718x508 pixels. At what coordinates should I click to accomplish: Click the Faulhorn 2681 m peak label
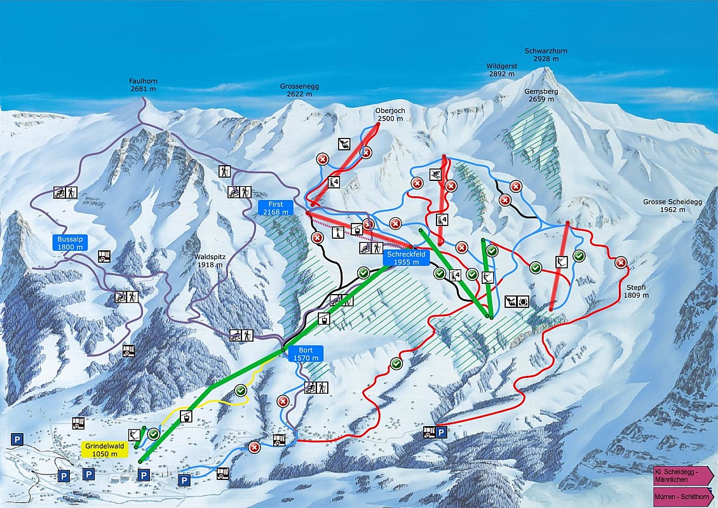pos(143,85)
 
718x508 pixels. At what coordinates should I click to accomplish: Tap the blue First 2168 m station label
pos(275,208)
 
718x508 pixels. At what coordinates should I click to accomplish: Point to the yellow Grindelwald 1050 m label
pos(105,450)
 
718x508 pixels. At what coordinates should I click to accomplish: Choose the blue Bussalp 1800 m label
pos(69,243)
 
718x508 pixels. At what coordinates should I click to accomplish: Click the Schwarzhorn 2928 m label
pos(546,55)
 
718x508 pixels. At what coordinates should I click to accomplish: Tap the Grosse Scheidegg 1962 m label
pos(663,206)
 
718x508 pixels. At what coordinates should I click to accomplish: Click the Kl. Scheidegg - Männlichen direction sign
pos(683,474)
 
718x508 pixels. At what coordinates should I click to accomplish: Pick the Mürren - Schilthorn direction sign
pos(683,496)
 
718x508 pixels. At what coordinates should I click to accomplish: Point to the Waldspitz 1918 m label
pos(211,261)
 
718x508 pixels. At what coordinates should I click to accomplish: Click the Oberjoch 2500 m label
pos(390,114)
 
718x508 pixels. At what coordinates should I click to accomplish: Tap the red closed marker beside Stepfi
pos(621,262)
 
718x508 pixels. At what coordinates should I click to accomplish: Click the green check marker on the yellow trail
pos(240,390)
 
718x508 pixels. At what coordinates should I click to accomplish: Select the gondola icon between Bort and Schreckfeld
pos(324,318)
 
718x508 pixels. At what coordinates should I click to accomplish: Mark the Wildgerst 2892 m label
pos(502,70)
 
